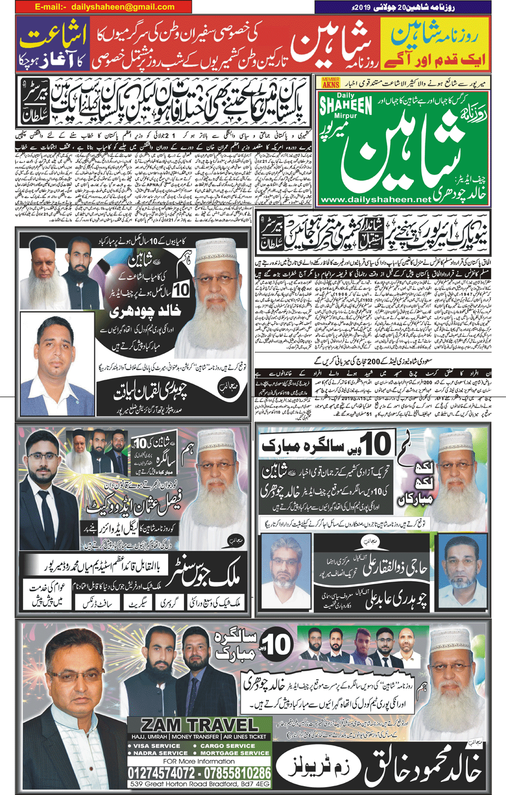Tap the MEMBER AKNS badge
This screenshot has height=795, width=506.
point(331,82)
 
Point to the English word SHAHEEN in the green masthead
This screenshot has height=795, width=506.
point(346,106)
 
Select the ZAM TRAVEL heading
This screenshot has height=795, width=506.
point(200,725)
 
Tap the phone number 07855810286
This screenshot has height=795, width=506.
point(237,773)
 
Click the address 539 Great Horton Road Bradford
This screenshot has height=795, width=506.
point(200,784)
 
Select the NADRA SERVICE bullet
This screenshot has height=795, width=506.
point(158,753)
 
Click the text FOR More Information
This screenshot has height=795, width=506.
point(199,761)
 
